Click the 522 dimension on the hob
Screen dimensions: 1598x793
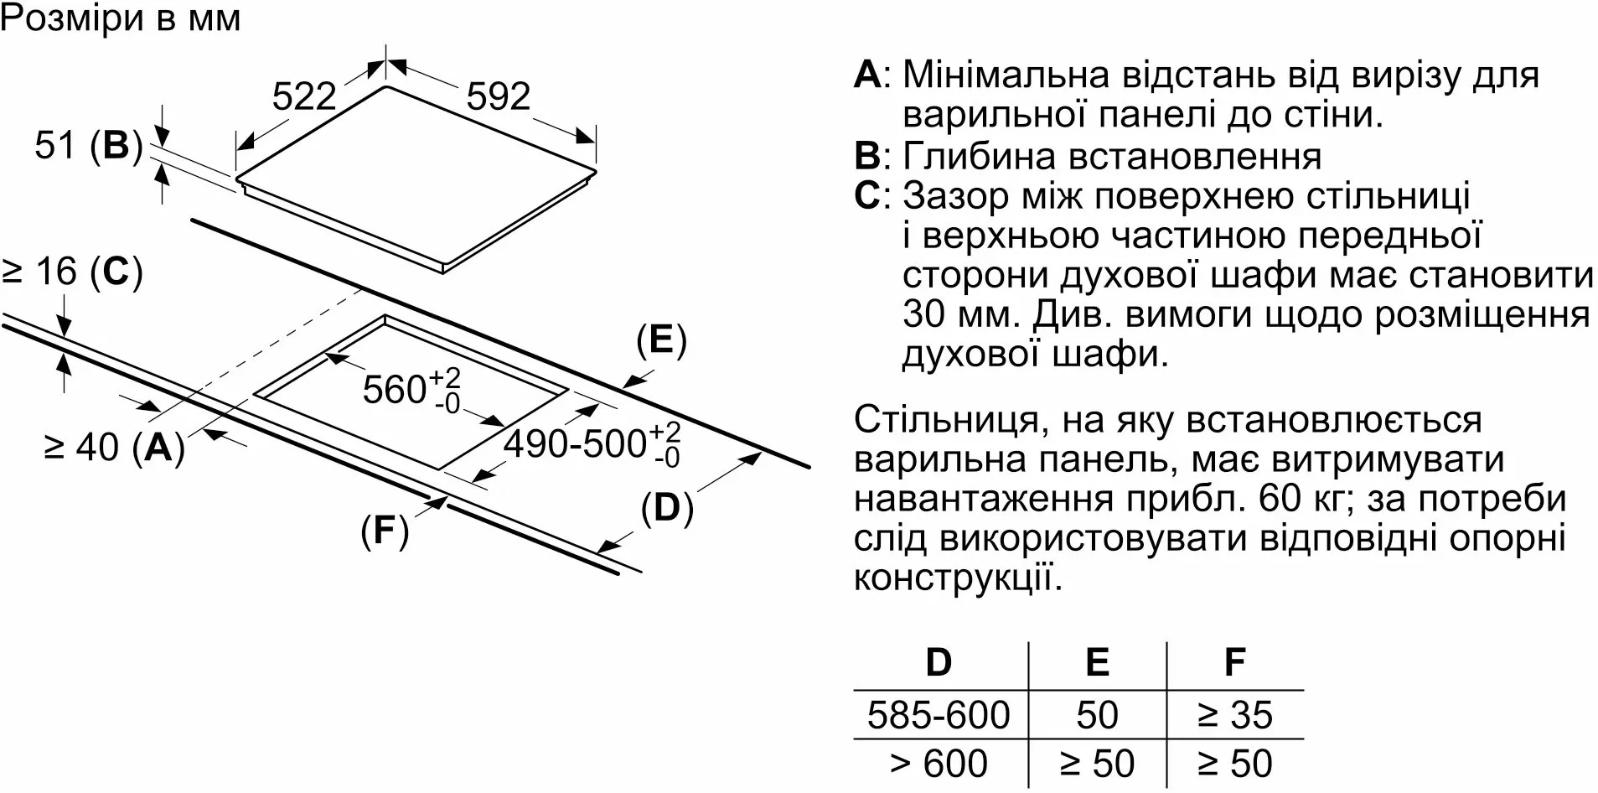point(304,96)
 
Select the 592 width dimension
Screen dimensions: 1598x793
point(499,96)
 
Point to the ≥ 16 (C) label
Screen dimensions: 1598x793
point(72,272)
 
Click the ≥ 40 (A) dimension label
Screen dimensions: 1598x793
point(115,447)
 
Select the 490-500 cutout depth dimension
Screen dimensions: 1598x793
point(592,443)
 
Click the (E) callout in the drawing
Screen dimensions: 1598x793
point(661,340)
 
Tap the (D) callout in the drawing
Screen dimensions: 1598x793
point(667,508)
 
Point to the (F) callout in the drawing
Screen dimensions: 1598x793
point(385,530)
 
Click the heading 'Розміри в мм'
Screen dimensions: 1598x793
point(122,18)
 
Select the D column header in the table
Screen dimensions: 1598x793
point(939,662)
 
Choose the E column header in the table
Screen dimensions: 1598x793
point(1097,662)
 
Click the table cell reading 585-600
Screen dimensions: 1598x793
point(939,715)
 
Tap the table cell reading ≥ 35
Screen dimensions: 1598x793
point(1235,715)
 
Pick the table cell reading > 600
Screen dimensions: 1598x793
point(939,764)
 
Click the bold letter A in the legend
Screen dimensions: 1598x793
point(867,75)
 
